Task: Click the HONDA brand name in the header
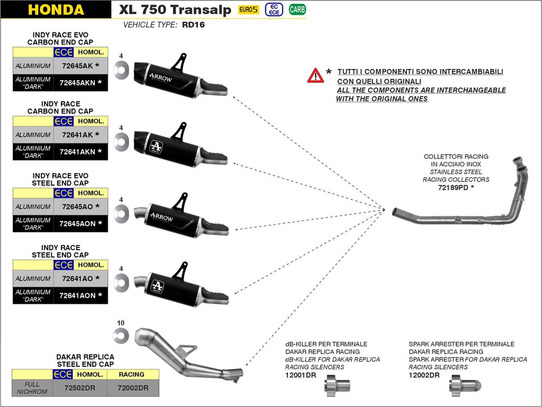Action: tap(56, 10)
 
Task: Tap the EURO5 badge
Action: tap(249, 10)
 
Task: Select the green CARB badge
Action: tap(297, 10)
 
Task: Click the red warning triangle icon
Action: tap(315, 75)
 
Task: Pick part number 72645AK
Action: tap(77, 66)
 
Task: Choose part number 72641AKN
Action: tap(77, 152)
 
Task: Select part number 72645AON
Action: tap(77, 224)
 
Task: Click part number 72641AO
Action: tap(77, 278)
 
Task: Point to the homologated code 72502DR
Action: tap(79, 388)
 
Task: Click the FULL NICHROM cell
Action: tap(32, 388)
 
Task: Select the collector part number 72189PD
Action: tap(453, 187)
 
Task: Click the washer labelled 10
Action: tap(121, 335)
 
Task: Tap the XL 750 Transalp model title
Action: tap(175, 10)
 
